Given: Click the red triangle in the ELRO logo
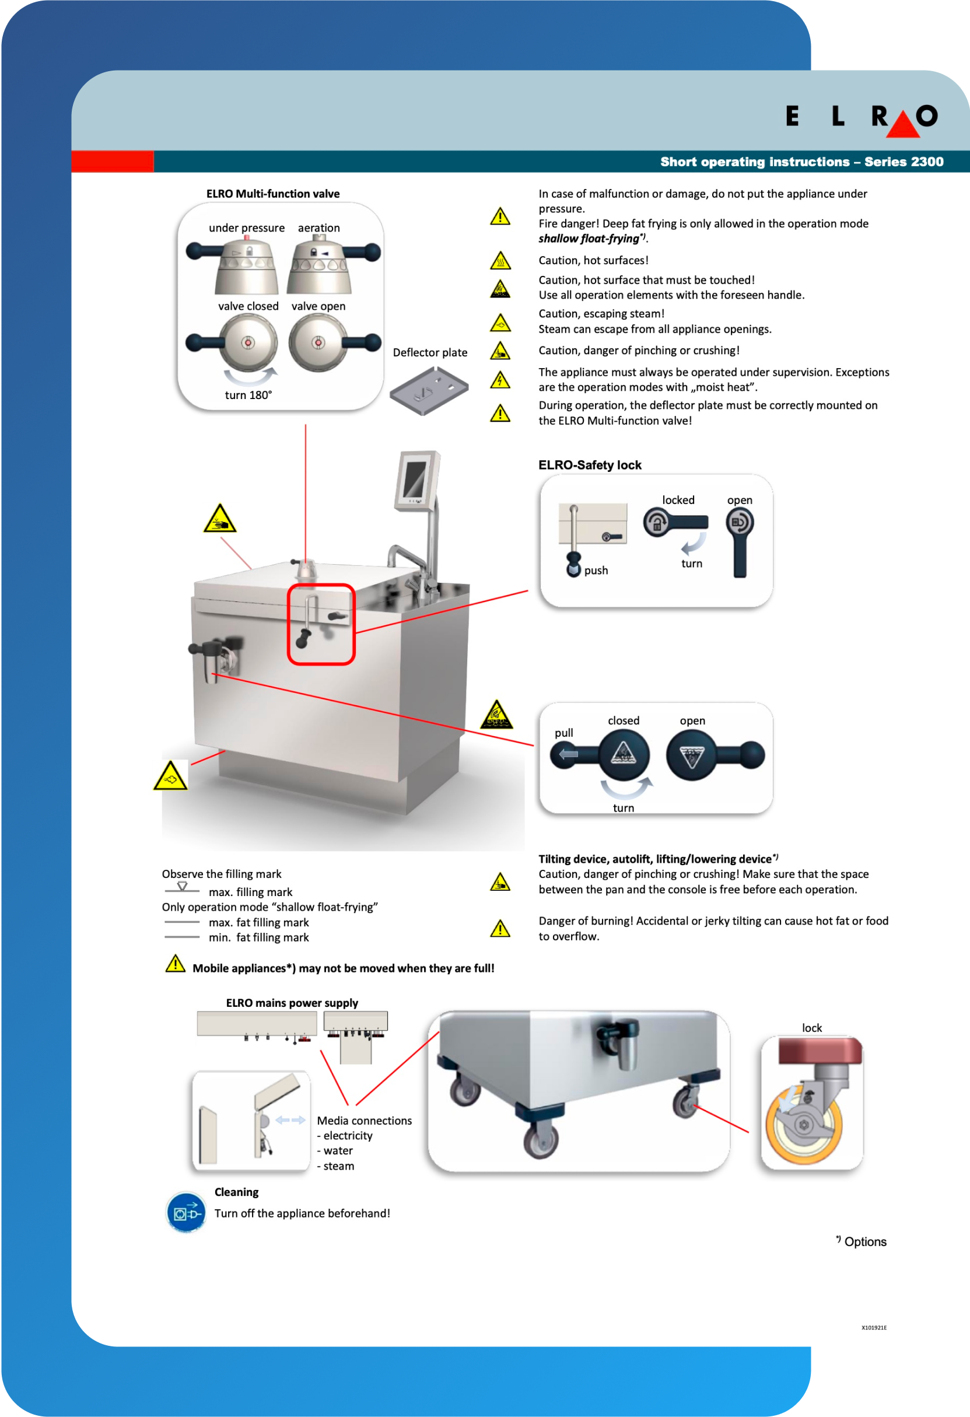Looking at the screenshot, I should pyautogui.click(x=902, y=126).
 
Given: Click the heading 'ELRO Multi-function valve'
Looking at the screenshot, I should pyautogui.click(x=272, y=194).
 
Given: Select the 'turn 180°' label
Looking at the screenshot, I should pyautogui.click(x=248, y=395).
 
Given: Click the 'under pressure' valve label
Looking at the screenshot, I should pyautogui.click(x=246, y=228).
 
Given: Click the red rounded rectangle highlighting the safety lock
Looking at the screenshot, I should pyautogui.click(x=321, y=624).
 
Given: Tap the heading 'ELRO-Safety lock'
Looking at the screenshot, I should pyautogui.click(x=590, y=465).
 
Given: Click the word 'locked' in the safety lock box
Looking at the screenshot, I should pyautogui.click(x=678, y=500).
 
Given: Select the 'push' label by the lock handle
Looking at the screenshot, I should pyautogui.click(x=596, y=571).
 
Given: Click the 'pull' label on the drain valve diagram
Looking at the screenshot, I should pyautogui.click(x=563, y=733).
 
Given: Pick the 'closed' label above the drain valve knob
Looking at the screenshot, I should pyautogui.click(x=623, y=720).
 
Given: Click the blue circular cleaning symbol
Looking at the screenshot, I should pyautogui.click(x=186, y=1212).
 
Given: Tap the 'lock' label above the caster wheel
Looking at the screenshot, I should pyautogui.click(x=811, y=1028).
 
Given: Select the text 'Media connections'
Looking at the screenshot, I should pyautogui.click(x=364, y=1121).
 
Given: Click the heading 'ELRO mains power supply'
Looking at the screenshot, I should pyautogui.click(x=292, y=1003).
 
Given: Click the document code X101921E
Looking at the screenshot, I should pyautogui.click(x=874, y=1328).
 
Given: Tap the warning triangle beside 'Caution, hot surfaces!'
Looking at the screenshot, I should pyautogui.click(x=500, y=261).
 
